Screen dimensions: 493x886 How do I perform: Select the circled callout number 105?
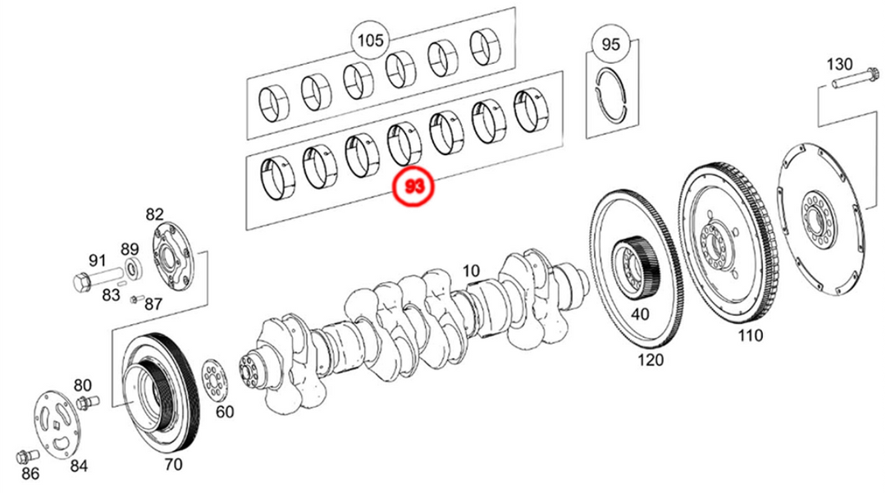click(x=370, y=40)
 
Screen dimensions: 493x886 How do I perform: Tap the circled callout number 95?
click(x=611, y=44)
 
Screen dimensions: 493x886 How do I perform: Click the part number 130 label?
click(x=839, y=64)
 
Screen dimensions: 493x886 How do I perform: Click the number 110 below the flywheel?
click(x=749, y=335)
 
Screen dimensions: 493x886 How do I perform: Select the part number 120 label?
click(x=650, y=359)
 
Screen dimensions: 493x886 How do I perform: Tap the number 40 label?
click(x=639, y=314)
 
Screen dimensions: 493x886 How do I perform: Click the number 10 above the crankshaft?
click(x=470, y=271)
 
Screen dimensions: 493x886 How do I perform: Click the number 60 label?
click(x=224, y=412)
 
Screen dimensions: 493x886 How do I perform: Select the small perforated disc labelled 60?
click(x=214, y=380)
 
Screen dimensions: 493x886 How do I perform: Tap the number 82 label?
click(x=154, y=214)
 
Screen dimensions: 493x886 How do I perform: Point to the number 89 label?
click(x=130, y=249)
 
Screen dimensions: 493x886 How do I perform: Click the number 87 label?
click(x=153, y=304)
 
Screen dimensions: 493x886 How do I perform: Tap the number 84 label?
click(x=78, y=467)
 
